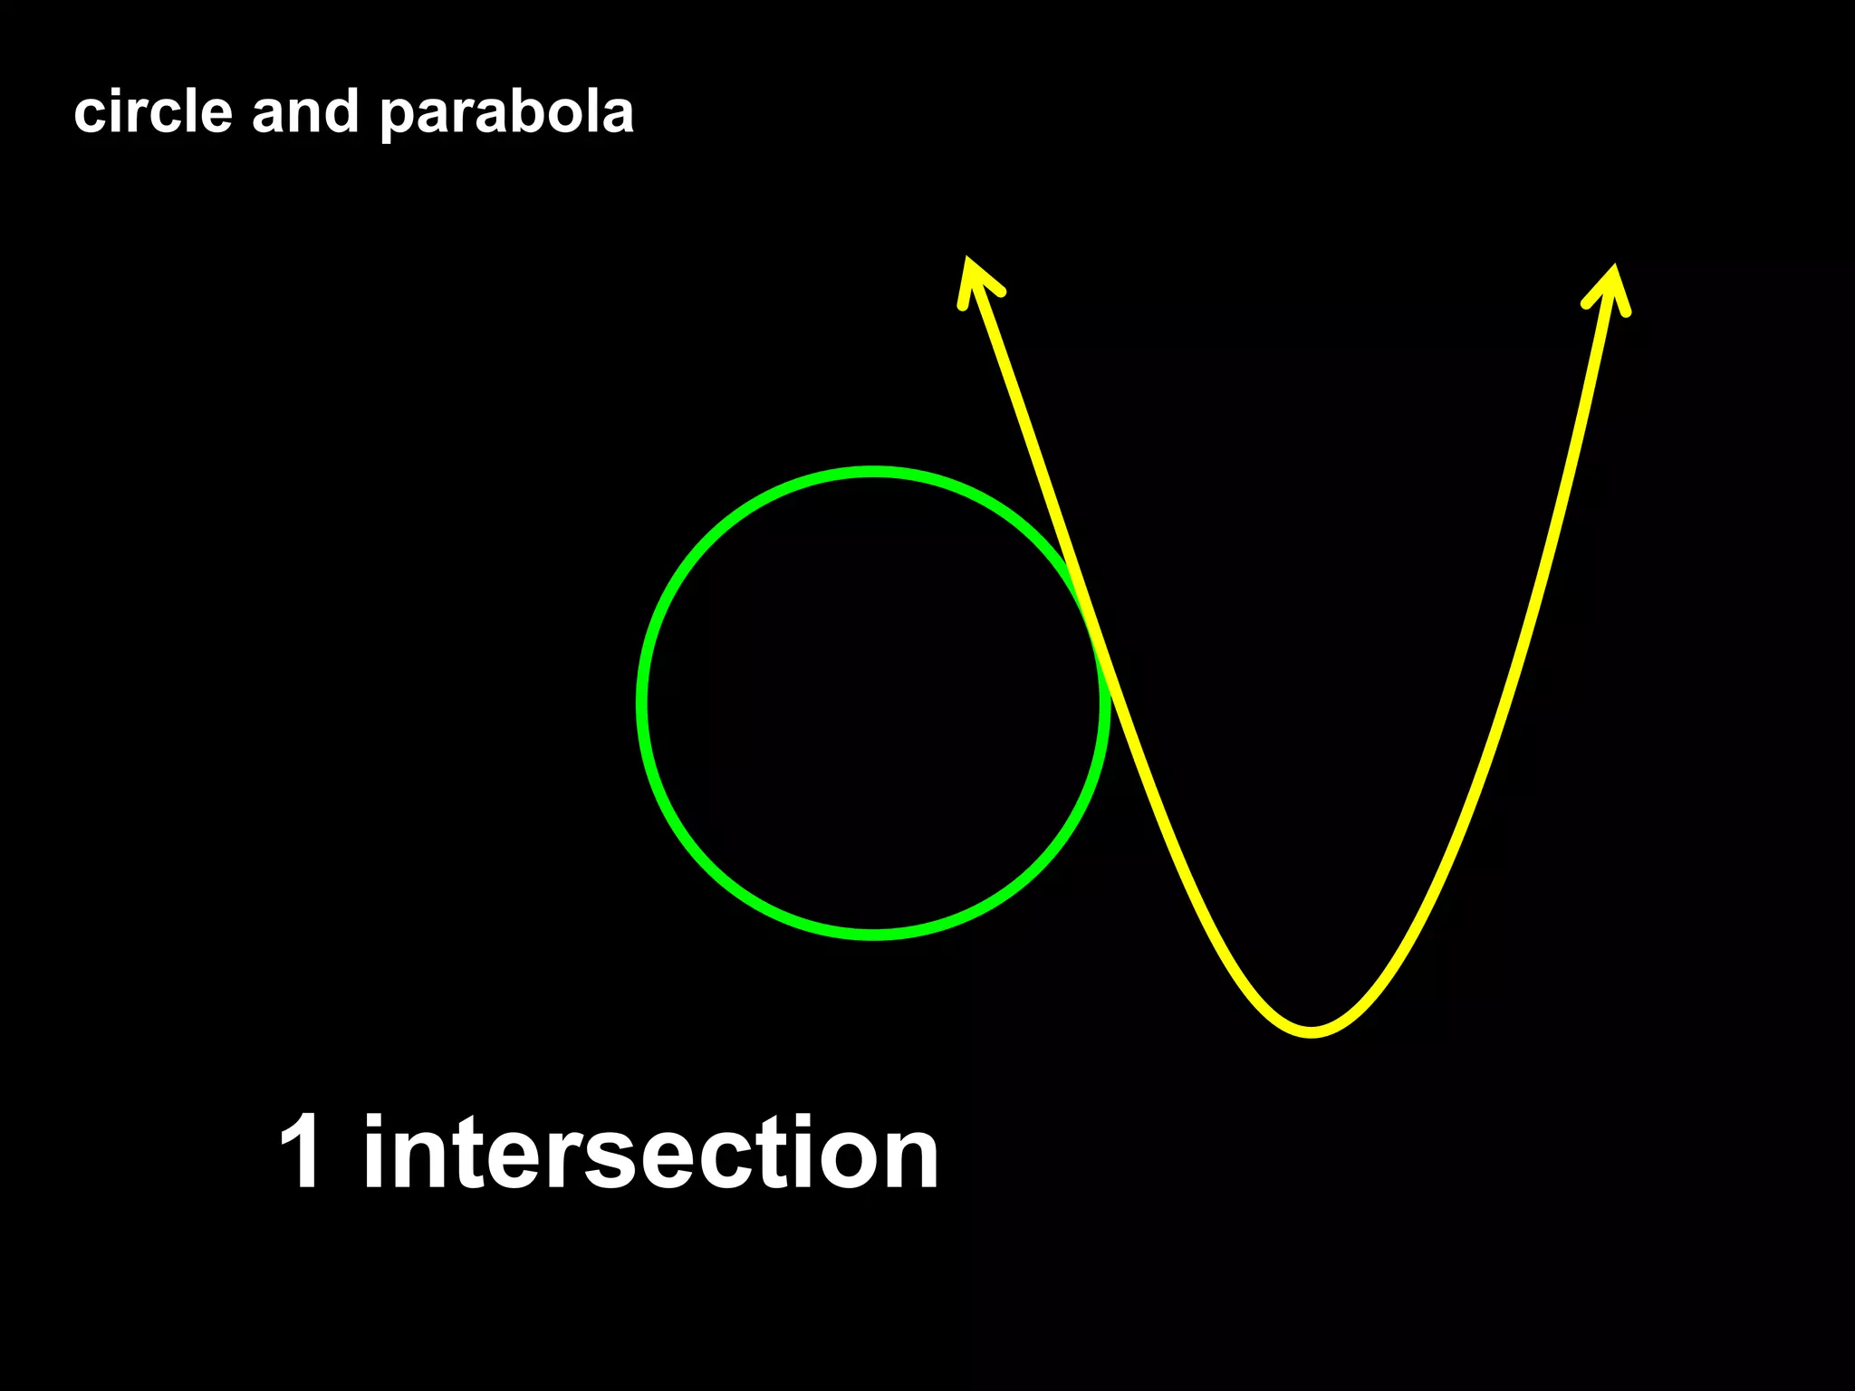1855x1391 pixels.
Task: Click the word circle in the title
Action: (152, 112)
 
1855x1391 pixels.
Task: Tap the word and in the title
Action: (304, 112)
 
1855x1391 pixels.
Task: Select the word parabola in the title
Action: (506, 114)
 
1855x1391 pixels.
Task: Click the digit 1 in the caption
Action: (301, 1152)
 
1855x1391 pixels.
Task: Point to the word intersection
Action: (650, 1152)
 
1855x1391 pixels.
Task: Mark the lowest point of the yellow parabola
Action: (1312, 1031)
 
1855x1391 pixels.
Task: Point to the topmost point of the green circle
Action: (873, 472)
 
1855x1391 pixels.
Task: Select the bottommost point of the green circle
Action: (873, 935)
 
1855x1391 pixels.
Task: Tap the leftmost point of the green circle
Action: (642, 703)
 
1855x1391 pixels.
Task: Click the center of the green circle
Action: (873, 703)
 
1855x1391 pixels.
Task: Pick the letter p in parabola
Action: (397, 118)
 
